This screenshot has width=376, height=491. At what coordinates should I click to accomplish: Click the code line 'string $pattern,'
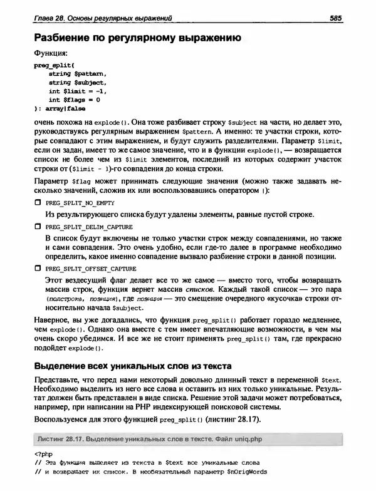tap(73, 74)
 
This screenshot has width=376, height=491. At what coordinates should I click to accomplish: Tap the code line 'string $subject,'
tap(73, 82)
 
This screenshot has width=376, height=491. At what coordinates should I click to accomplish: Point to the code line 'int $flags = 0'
tap(74, 100)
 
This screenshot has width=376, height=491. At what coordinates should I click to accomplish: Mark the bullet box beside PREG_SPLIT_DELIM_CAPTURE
tap(37, 225)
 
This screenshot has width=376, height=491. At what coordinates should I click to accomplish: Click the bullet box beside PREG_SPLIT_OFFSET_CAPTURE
tap(37, 268)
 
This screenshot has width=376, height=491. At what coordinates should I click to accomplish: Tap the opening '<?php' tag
tap(43, 455)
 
